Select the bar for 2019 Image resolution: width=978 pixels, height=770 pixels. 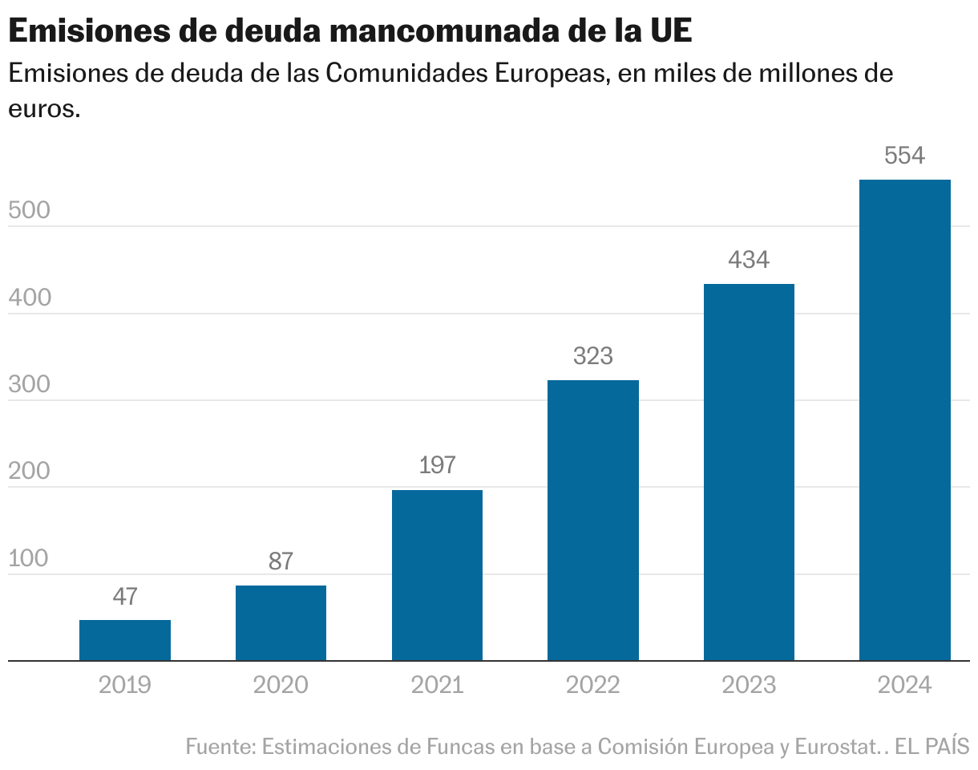click(x=125, y=640)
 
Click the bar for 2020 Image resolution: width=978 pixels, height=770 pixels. click(x=281, y=623)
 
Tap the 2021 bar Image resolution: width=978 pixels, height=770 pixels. click(x=437, y=575)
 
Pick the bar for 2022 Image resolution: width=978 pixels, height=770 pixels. click(x=593, y=521)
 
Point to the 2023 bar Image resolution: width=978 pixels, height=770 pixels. click(x=749, y=472)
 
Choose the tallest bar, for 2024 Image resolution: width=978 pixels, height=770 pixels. click(x=905, y=420)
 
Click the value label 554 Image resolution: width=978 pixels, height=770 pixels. click(x=905, y=156)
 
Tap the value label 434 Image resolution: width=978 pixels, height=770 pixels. click(x=749, y=260)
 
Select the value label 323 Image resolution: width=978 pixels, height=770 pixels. click(x=593, y=356)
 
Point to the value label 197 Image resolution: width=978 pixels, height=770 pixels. click(x=437, y=465)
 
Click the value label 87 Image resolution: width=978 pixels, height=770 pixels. click(x=281, y=561)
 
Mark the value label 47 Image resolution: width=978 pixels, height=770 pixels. click(x=125, y=596)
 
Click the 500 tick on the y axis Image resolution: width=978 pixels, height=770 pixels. click(x=30, y=210)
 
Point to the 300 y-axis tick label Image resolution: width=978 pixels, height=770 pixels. click(x=30, y=384)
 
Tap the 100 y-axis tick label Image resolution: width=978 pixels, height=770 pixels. click(x=30, y=558)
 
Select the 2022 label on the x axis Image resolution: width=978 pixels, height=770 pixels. click(x=593, y=685)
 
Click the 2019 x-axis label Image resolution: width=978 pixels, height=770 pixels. click(x=125, y=685)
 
